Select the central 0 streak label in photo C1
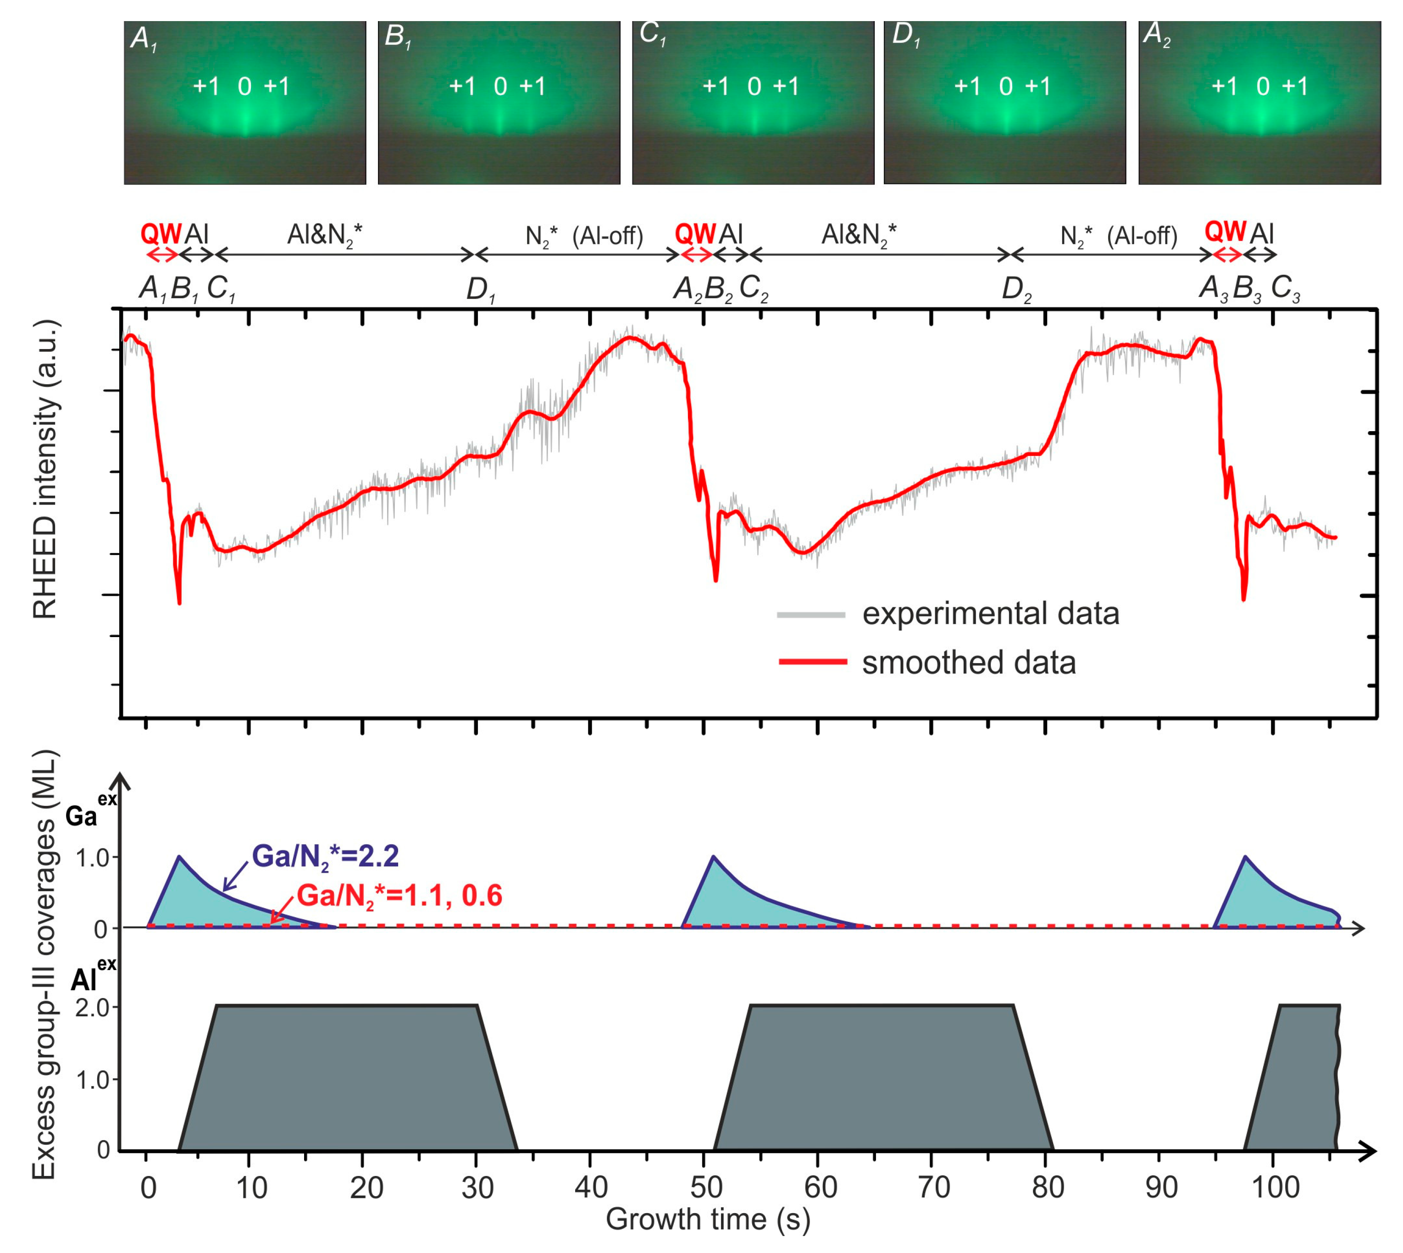pyautogui.click(x=754, y=87)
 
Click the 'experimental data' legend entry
pyautogui.click(x=990, y=613)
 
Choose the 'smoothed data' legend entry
pyautogui.click(x=969, y=662)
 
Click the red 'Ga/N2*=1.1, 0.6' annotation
pyautogui.click(x=399, y=896)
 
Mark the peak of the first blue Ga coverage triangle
pyautogui.click(x=179, y=857)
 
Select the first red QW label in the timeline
pyautogui.click(x=161, y=234)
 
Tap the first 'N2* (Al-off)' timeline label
pyautogui.click(x=584, y=237)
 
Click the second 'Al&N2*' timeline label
pyautogui.click(x=859, y=236)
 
